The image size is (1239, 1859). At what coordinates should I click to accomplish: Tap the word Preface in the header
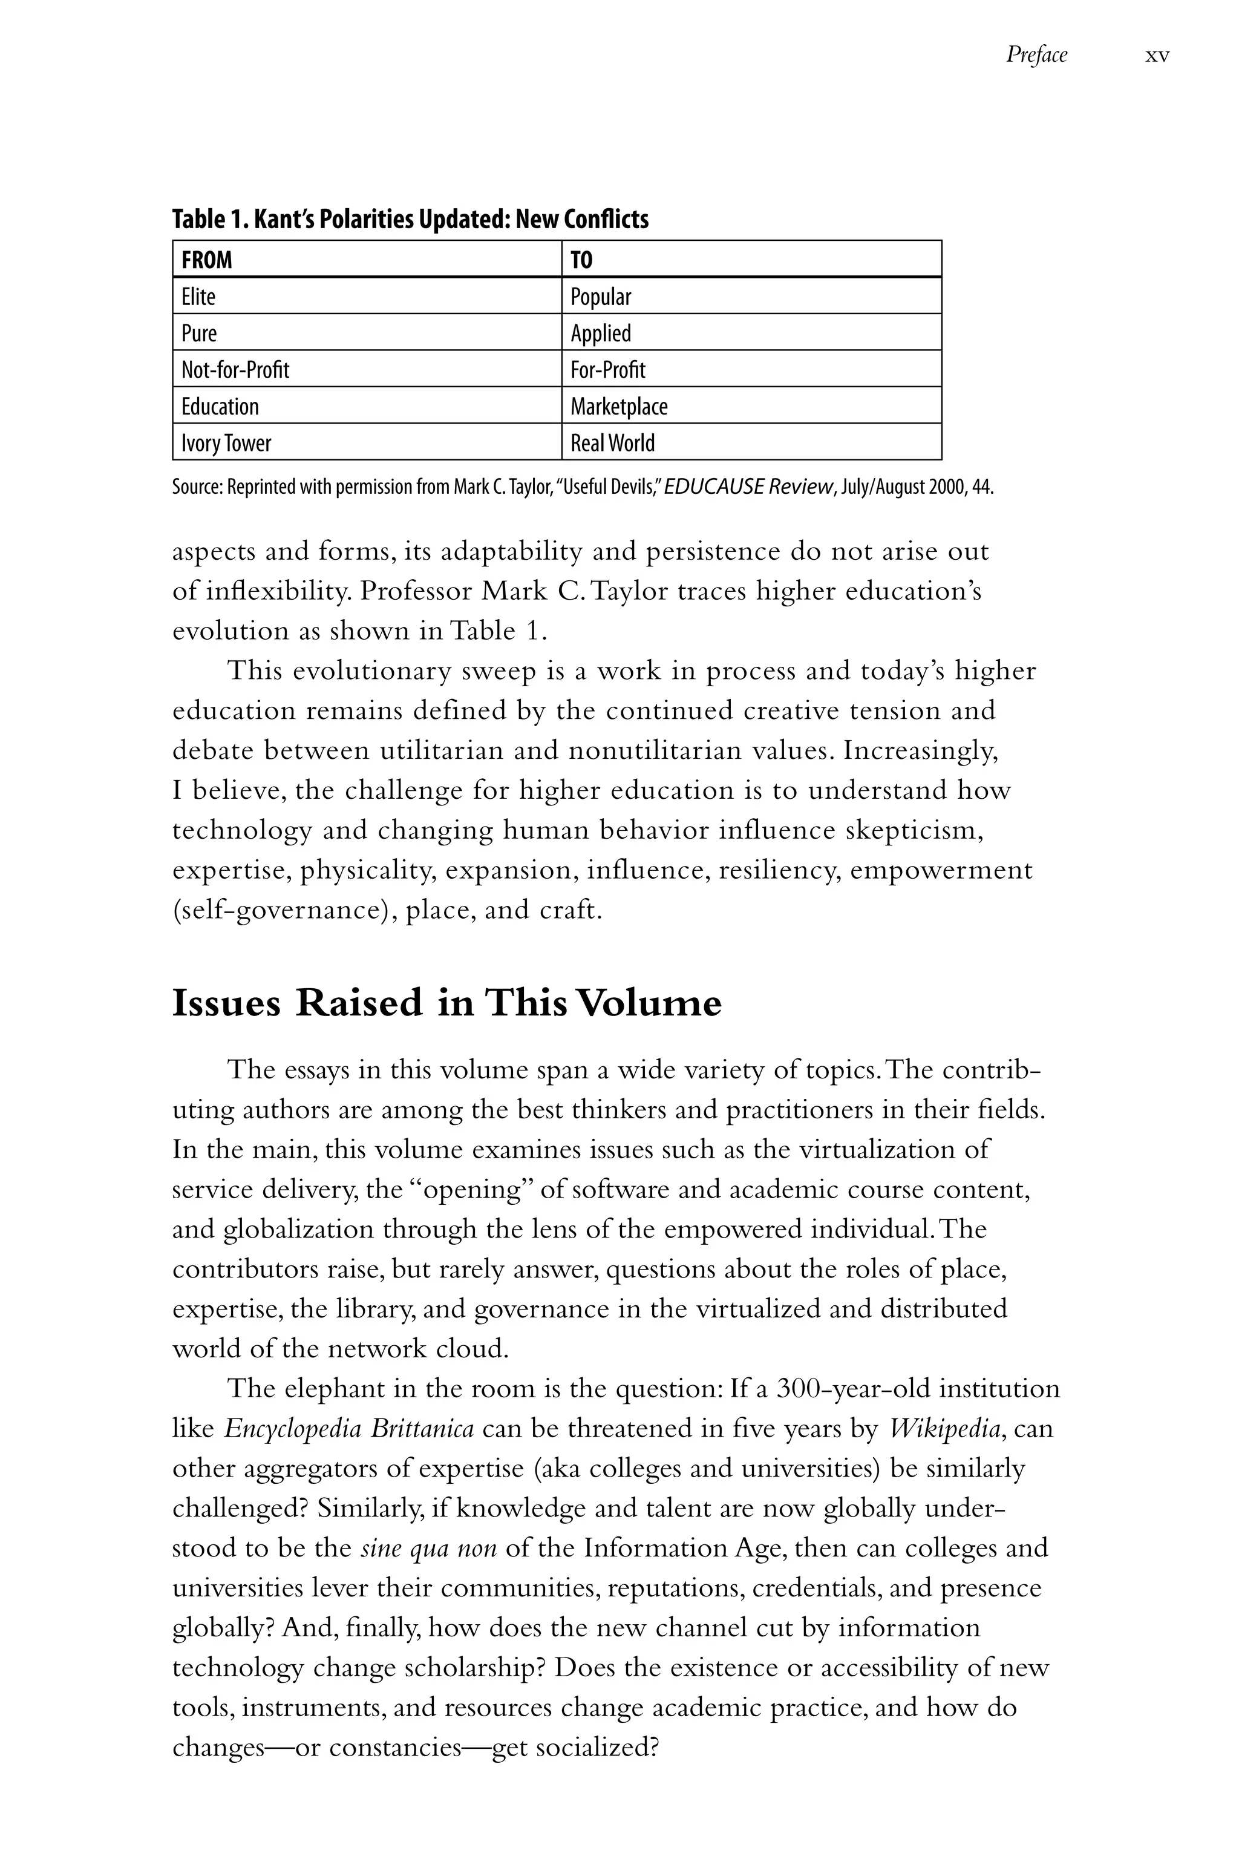click(1036, 54)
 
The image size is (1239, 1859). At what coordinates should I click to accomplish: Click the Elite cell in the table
click(198, 297)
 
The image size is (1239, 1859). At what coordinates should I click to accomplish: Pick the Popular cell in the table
click(601, 297)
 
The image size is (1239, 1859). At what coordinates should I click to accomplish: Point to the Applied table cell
click(601, 333)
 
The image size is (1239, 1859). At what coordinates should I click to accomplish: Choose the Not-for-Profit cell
click(235, 369)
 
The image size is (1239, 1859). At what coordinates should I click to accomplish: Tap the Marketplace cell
click(619, 406)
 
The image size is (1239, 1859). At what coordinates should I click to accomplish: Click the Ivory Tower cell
click(226, 442)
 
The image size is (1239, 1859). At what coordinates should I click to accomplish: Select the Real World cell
click(612, 442)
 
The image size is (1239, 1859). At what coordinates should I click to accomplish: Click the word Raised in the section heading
click(359, 1003)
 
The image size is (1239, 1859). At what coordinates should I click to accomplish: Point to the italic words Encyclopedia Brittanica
click(348, 1428)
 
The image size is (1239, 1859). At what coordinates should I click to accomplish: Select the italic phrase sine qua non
click(428, 1547)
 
